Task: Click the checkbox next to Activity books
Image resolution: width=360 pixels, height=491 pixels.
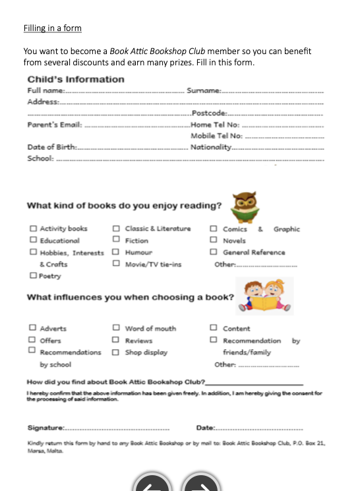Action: click(x=32, y=228)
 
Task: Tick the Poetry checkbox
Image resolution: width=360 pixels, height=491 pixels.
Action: click(x=32, y=276)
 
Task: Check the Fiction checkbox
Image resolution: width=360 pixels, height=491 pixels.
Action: click(x=116, y=241)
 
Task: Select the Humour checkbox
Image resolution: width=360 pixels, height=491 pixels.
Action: click(x=116, y=252)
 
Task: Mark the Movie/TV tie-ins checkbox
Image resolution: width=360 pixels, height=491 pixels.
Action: click(x=116, y=264)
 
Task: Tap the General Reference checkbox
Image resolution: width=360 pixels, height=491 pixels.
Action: click(x=214, y=252)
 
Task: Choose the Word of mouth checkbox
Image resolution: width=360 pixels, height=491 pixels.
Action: click(x=116, y=327)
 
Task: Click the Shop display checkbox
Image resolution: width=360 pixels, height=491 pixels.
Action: click(x=116, y=352)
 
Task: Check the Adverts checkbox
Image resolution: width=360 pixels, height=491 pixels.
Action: click(x=32, y=327)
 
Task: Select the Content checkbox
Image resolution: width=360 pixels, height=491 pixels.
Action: click(x=214, y=327)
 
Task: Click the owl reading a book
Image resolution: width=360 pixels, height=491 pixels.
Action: click(x=245, y=207)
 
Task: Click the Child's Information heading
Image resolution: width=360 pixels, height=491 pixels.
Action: click(x=75, y=79)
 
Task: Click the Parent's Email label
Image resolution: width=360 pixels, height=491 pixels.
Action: click(x=54, y=125)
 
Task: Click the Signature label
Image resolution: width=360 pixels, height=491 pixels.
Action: click(x=45, y=428)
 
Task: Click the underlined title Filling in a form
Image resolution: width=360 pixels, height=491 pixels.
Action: click(x=52, y=28)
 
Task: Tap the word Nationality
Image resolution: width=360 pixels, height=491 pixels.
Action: click(x=210, y=147)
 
